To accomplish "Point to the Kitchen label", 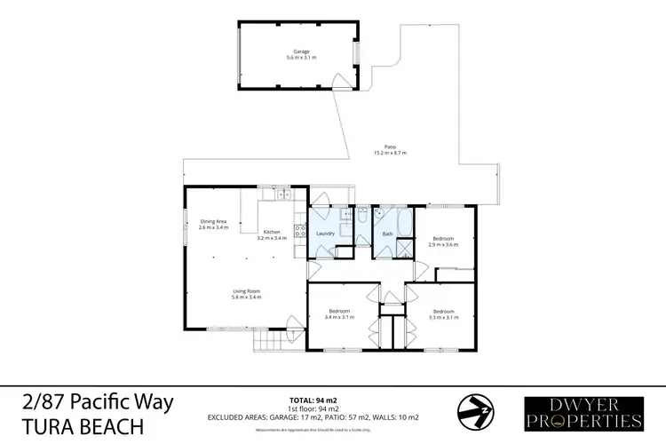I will click(x=271, y=233).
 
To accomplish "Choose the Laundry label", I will click(x=323, y=234).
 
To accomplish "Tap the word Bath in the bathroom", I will click(x=387, y=234).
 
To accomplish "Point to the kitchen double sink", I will click(x=281, y=194).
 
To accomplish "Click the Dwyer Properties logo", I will click(x=583, y=412).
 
